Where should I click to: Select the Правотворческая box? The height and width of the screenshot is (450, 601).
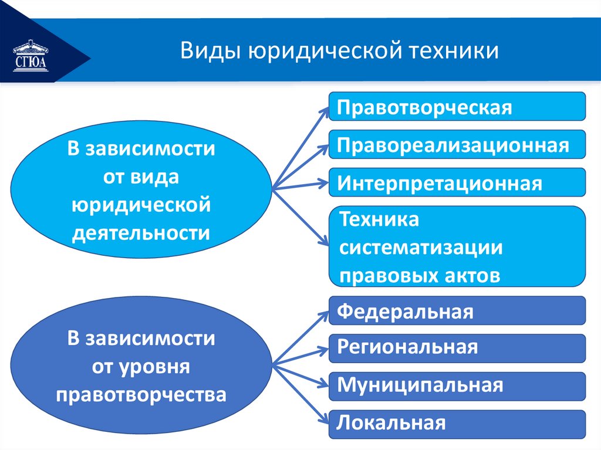457,107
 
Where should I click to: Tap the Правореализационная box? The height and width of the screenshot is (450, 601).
457,145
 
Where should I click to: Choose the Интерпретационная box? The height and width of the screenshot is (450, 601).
457,183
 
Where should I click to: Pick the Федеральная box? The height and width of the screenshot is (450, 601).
457,311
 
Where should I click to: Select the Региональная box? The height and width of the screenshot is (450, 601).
457,349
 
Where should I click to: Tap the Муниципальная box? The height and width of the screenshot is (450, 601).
457,386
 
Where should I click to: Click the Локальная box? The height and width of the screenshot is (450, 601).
457,424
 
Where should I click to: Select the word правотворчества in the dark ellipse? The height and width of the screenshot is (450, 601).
141,394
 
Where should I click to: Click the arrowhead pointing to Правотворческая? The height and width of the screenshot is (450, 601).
324,111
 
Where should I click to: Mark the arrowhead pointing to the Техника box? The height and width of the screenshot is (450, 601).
324,241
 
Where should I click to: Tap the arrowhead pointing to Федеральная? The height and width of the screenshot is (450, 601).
324,316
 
